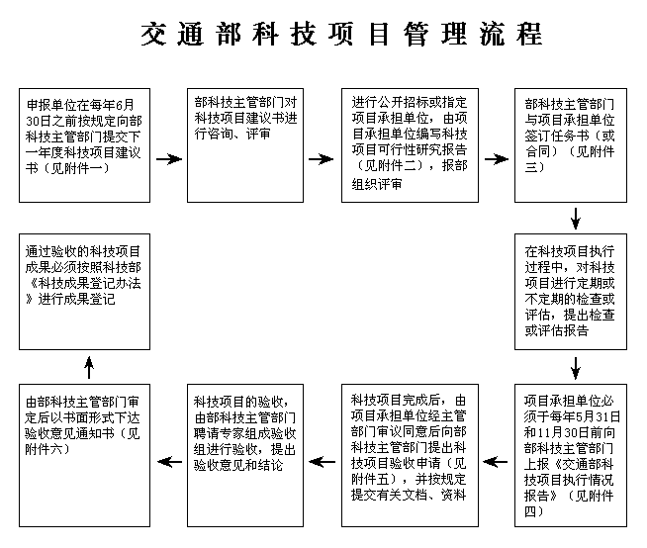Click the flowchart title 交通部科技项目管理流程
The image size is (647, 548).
[x=341, y=34]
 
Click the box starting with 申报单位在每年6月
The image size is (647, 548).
[x=85, y=145]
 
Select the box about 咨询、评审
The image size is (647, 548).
[x=245, y=145]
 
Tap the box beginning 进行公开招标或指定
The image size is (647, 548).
[x=410, y=145]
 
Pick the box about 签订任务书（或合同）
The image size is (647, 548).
[x=571, y=145]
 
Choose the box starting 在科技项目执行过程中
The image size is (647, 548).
[x=571, y=292]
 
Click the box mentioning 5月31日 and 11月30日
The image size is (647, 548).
[x=571, y=456]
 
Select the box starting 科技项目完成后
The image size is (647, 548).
[x=410, y=456]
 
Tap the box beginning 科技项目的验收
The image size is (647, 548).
[x=245, y=456]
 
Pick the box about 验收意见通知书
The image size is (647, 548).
[x=85, y=456]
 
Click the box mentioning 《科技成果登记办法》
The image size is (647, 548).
[x=85, y=292]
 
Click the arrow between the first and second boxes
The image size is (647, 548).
[x=169, y=159]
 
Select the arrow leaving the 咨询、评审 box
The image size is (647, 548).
[x=321, y=159]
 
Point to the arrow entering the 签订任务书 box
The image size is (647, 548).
[x=497, y=159]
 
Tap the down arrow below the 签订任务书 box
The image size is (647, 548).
[x=575, y=218]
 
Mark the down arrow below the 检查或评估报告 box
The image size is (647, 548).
[x=575, y=368]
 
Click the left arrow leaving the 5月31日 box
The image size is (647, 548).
[x=496, y=461]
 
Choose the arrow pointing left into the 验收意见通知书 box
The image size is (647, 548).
[x=169, y=461]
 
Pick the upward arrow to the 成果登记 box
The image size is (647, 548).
[x=89, y=368]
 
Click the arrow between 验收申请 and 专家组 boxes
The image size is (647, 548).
[x=322, y=461]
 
